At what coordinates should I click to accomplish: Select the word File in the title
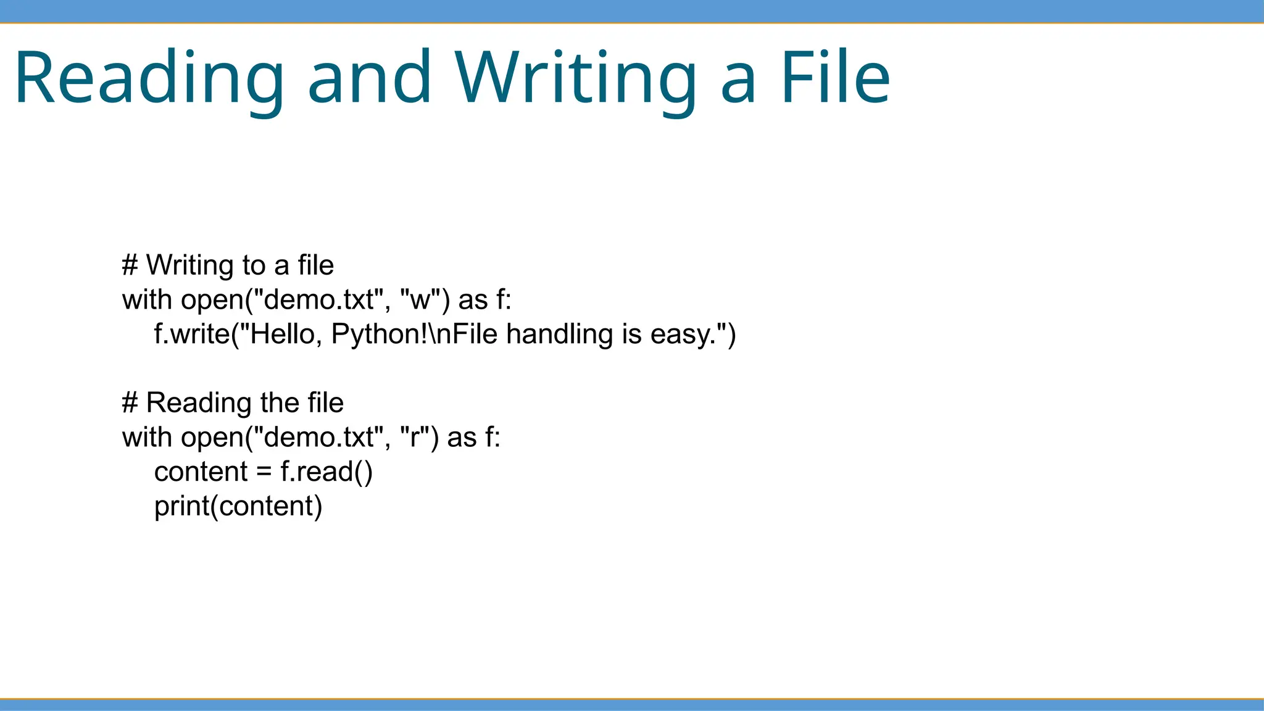pos(835,77)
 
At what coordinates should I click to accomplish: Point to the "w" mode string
pos(420,300)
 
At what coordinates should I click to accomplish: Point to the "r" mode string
pos(414,438)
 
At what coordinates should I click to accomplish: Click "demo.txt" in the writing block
pos(318,300)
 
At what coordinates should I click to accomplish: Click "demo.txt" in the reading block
pos(318,438)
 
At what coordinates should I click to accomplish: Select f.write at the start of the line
pos(191,334)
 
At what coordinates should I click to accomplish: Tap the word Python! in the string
pos(379,334)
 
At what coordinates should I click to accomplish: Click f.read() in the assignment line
pos(326,472)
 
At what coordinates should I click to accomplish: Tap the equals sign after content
pos(264,472)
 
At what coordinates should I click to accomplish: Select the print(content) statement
pos(238,507)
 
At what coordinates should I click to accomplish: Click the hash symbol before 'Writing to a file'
pos(130,265)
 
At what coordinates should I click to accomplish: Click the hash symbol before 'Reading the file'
pos(130,403)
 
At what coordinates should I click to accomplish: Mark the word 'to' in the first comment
pos(254,265)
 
